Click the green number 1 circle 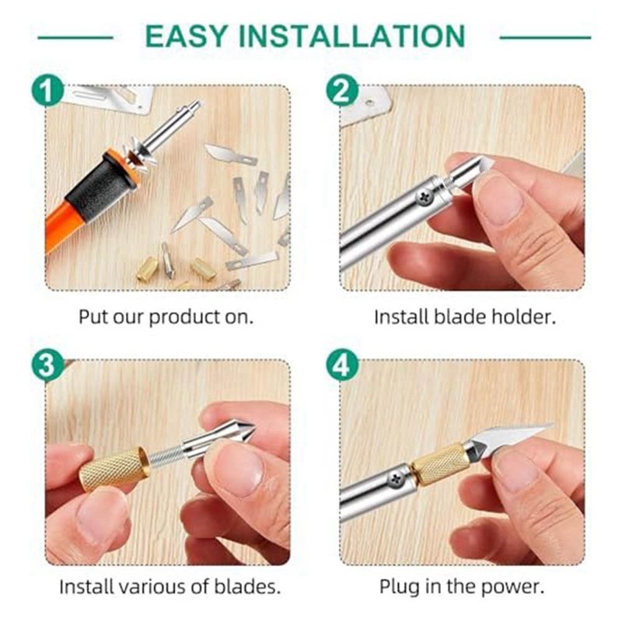[x=47, y=90]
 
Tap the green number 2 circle [x=342, y=90]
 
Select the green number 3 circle [x=47, y=365]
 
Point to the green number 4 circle [x=342, y=365]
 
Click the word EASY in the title [x=187, y=36]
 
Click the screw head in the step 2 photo [x=425, y=196]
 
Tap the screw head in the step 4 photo [x=397, y=478]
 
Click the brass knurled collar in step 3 [x=114, y=469]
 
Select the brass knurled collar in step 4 [x=439, y=464]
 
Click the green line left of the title [x=75, y=37]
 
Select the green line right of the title [x=546, y=37]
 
